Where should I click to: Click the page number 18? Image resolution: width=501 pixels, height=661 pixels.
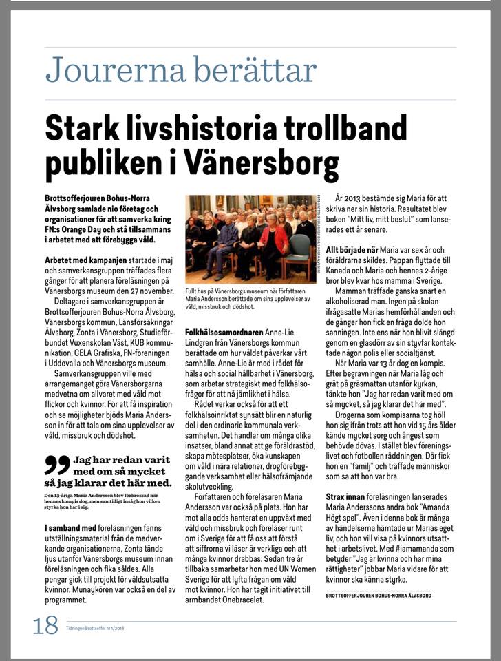[45, 627]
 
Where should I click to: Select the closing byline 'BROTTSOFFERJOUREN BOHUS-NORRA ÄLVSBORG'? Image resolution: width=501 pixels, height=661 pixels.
[379, 594]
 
